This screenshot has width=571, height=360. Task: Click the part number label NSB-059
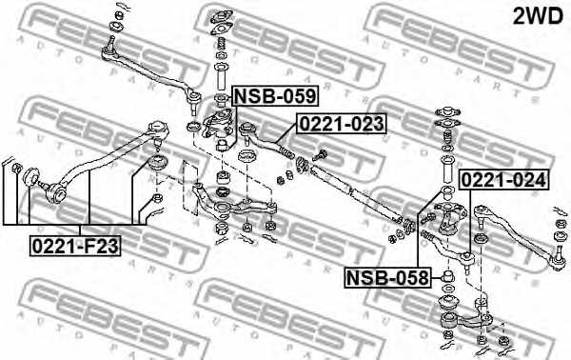coord(276,96)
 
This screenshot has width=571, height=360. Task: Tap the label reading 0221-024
coord(504,178)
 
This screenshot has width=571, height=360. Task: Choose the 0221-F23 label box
coord(75,245)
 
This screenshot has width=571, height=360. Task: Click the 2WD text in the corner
coord(539,16)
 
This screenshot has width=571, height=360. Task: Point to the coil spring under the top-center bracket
coord(221,46)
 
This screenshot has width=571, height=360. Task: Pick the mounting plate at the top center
coord(221,17)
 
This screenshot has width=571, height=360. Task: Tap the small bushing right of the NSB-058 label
coord(444,278)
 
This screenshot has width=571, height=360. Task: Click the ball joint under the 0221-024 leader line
coord(468,257)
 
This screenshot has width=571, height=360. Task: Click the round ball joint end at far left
coord(31,176)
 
